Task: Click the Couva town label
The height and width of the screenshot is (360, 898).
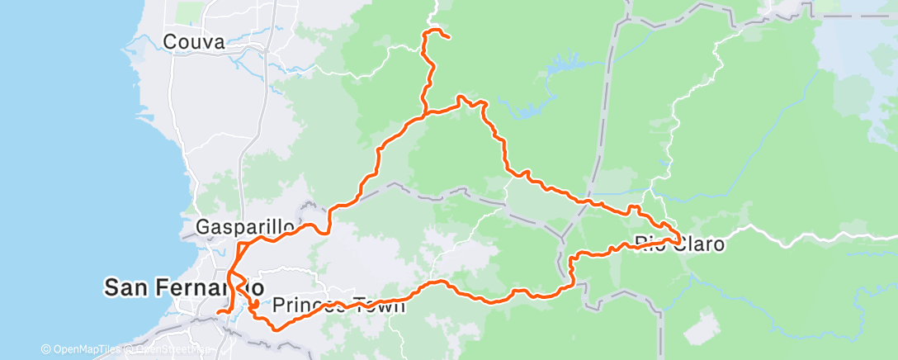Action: tap(193, 41)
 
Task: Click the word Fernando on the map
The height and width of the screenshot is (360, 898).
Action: tap(214, 287)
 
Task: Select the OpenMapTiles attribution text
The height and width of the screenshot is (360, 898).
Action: tap(86, 350)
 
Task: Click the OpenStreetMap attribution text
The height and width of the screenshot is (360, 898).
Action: tap(170, 350)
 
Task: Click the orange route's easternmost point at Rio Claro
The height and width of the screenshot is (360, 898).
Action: tap(680, 240)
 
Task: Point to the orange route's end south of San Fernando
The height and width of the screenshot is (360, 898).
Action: tap(218, 313)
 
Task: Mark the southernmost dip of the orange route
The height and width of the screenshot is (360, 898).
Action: tap(276, 327)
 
